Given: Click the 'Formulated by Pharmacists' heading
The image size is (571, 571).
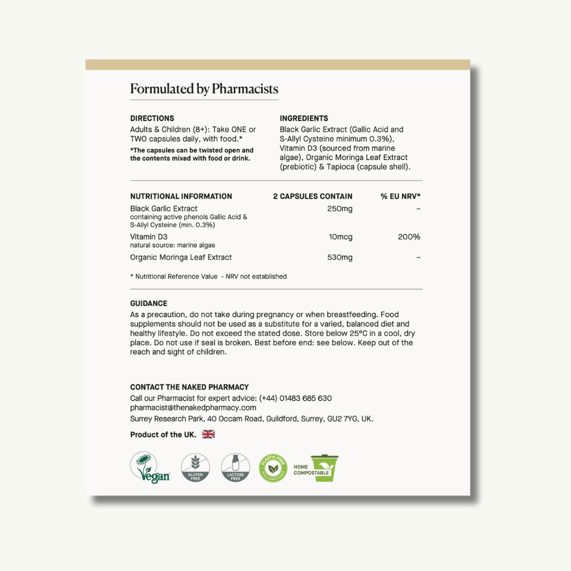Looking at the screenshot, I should click(x=204, y=89).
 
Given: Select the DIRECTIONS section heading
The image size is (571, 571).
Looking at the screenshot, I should click(x=152, y=118).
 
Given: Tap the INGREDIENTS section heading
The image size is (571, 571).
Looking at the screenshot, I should click(x=304, y=118).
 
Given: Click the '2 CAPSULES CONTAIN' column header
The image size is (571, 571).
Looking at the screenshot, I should click(x=312, y=196).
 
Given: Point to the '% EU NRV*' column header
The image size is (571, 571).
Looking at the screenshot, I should click(x=400, y=196).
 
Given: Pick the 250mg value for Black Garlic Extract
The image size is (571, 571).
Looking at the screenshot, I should click(x=339, y=209).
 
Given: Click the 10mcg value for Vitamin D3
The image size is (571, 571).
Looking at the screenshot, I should click(x=340, y=237).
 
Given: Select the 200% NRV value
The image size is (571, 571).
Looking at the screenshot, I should click(x=409, y=237).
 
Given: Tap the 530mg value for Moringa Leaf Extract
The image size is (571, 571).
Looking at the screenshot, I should click(x=339, y=257).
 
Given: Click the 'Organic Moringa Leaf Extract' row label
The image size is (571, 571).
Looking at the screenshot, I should click(x=181, y=257).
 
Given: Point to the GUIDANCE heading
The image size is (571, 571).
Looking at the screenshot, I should click(x=149, y=303).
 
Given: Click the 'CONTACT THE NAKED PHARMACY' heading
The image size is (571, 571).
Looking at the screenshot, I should click(x=189, y=387).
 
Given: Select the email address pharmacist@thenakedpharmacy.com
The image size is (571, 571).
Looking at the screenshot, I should click(x=193, y=408).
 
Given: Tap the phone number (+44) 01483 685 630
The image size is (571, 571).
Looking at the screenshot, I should click(x=296, y=398).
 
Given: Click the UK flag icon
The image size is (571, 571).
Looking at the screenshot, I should click(x=209, y=435).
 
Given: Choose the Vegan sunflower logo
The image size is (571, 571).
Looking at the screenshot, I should click(x=151, y=467).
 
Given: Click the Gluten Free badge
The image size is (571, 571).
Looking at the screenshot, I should click(x=195, y=467).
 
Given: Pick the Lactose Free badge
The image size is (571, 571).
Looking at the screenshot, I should click(x=235, y=467).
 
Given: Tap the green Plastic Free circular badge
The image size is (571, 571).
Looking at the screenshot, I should click(x=273, y=468).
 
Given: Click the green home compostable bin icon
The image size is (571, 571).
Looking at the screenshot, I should click(x=324, y=468).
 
